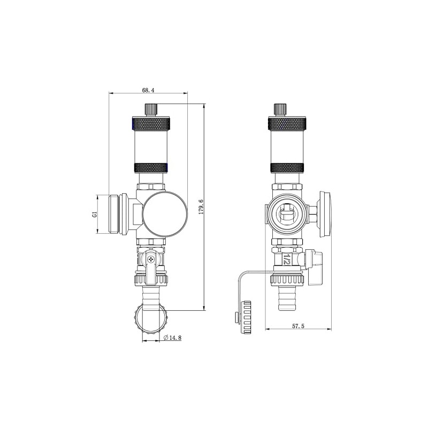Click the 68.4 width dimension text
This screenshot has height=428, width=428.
tap(148, 90)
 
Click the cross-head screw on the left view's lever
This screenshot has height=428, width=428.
tap(152, 259)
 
